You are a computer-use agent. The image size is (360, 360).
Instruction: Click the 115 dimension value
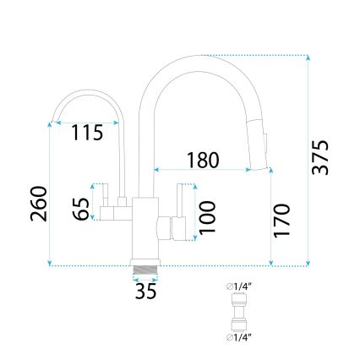[x=88, y=133]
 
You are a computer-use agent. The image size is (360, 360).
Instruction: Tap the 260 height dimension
[x=36, y=203]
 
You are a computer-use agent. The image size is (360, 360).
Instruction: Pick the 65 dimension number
[x=81, y=210]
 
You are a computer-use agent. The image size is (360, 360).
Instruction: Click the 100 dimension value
[x=208, y=217]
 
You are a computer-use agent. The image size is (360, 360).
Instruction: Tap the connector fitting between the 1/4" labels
[x=238, y=313]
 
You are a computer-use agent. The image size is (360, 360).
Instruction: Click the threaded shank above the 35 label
[x=147, y=271]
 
